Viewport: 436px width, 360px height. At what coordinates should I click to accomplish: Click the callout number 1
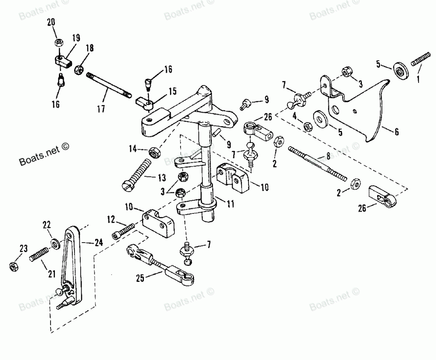419,79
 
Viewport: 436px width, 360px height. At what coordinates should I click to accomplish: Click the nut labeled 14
153,152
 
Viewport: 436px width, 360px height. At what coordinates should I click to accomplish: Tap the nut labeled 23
13,265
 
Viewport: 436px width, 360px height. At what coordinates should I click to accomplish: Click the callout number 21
51,274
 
